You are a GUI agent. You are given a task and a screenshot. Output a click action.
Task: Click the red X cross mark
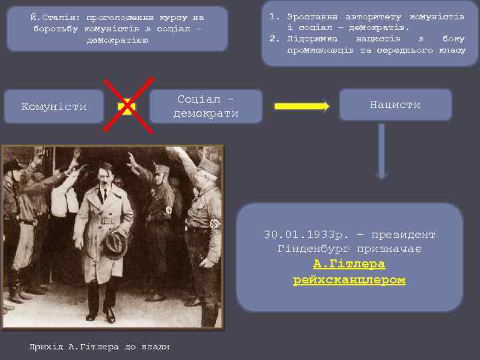(x=126, y=106)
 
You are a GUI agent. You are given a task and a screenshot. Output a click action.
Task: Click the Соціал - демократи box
(x=206, y=106)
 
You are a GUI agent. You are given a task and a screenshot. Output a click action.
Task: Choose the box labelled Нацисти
(x=395, y=105)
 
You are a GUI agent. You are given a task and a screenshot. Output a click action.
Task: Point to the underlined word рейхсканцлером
(x=349, y=280)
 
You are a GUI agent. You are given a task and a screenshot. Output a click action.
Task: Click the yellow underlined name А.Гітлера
(x=349, y=265)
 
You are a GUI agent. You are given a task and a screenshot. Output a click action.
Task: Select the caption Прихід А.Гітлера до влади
(x=99, y=347)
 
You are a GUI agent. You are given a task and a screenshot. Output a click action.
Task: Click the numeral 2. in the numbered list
(x=274, y=39)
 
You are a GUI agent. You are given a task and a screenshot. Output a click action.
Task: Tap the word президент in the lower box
(x=405, y=235)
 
